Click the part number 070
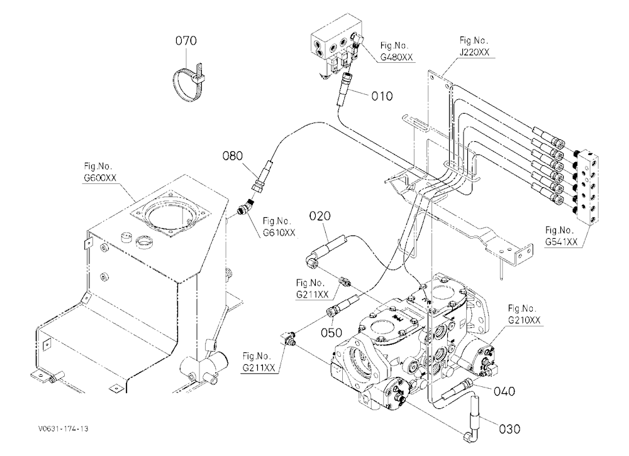tap(186, 40)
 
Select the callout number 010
tap(382, 96)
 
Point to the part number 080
tap(233, 156)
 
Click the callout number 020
tap(320, 216)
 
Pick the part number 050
tap(331, 333)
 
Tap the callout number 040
tap(504, 391)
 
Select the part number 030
tap(509, 429)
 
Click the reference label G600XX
tap(100, 178)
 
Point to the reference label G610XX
tap(279, 232)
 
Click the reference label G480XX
tap(396, 57)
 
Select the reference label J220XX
tap(474, 52)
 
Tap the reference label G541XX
tap(561, 242)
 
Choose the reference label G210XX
tap(525, 320)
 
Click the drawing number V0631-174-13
tap(64, 428)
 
